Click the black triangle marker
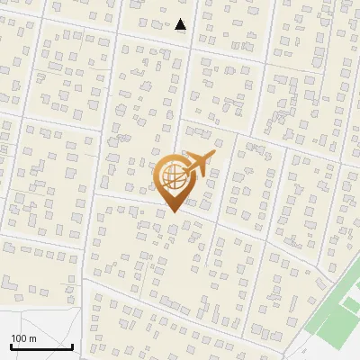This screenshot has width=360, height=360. click(181, 25)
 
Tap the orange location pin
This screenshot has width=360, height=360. click(173, 180)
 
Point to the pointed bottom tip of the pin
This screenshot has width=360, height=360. click(171, 212)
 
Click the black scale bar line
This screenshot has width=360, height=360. click(41, 346)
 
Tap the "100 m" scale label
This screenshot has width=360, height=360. click(23, 338)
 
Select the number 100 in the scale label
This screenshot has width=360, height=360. click(19, 338)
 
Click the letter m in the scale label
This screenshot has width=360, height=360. click(32, 338)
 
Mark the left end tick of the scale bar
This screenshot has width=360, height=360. click(11, 345)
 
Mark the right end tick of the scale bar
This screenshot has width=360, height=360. click(72, 345)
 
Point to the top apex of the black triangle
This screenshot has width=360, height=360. click(181, 19)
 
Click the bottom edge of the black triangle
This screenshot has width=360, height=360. click(181, 30)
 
